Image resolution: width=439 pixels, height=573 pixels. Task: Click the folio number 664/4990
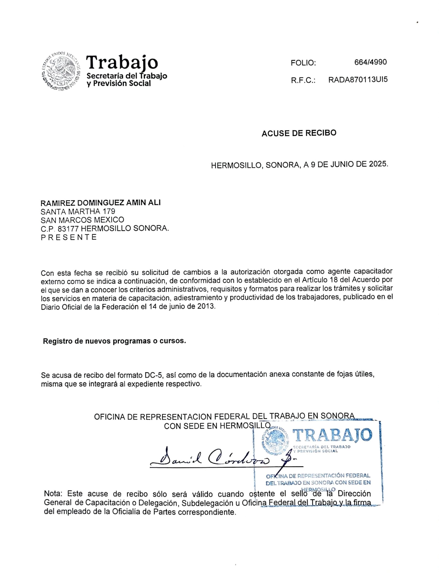coord(370,62)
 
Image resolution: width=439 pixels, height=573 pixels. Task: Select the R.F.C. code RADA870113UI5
coord(358,80)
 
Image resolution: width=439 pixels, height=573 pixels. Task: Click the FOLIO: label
coord(303,63)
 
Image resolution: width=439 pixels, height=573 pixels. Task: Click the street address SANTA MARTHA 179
coord(78,211)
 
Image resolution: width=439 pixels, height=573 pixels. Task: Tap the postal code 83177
coord(68,229)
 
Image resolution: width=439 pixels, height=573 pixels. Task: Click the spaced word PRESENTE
coord(69,237)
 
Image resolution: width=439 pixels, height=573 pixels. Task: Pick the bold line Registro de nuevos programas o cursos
coord(115,341)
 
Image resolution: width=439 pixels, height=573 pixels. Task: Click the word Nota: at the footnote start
coord(53,494)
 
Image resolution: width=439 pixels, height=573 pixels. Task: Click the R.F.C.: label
coord(303,80)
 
